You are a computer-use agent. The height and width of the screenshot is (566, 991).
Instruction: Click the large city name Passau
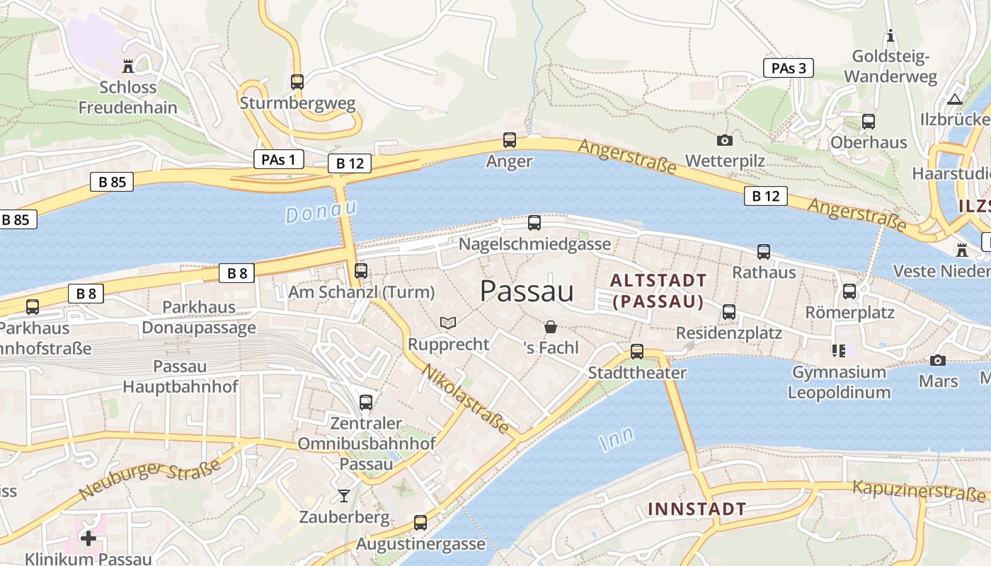[527, 291]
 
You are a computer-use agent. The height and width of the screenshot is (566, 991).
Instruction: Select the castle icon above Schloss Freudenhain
[128, 67]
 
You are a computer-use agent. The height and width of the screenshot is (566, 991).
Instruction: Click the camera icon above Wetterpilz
[725, 140]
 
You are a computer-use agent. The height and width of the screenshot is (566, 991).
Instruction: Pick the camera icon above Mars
[938, 360]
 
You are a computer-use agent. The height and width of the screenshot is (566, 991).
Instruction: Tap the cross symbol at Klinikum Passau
[88, 538]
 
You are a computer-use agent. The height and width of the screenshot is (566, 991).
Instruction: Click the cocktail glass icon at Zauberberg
[344, 495]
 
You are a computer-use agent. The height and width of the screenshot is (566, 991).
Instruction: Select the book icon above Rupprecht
[448, 323]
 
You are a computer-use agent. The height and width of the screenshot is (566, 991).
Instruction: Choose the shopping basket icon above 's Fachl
[551, 327]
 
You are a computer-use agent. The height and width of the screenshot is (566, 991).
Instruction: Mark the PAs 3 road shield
[788, 68]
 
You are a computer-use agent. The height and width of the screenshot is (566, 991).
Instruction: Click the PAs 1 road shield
[278, 159]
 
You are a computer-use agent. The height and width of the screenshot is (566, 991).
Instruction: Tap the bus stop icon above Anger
[510, 140]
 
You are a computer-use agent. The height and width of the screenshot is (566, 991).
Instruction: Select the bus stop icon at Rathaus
[764, 251]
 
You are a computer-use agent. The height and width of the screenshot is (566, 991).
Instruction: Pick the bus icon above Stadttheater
[637, 352]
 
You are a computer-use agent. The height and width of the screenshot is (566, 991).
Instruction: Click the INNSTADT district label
[697, 509]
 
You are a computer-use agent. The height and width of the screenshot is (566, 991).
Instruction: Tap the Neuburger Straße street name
[150, 480]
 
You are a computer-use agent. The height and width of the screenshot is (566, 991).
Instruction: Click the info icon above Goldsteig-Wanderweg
[890, 35]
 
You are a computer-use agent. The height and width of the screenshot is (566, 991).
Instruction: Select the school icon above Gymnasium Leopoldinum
[839, 350]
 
